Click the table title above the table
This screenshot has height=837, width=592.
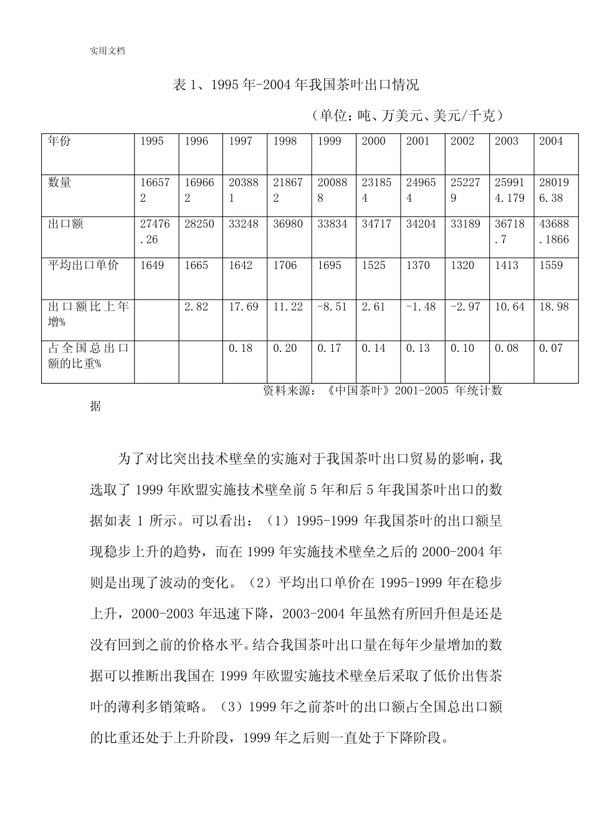tap(295, 85)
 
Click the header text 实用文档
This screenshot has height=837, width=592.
tap(107, 51)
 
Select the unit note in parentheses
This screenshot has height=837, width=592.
tap(405, 115)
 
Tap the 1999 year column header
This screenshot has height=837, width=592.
tap(330, 141)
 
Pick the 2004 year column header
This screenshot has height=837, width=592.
tap(551, 141)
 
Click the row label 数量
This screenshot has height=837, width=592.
tap(60, 182)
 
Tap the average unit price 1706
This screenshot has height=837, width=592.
tap(285, 265)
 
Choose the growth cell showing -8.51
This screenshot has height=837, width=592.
tap(332, 307)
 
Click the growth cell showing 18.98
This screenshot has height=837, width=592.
tap(553, 307)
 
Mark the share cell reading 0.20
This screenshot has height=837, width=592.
tap(285, 348)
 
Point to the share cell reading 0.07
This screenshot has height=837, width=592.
tap(551, 348)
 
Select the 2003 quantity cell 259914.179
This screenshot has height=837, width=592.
tap(510, 191)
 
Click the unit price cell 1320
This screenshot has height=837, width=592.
tap(462, 265)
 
